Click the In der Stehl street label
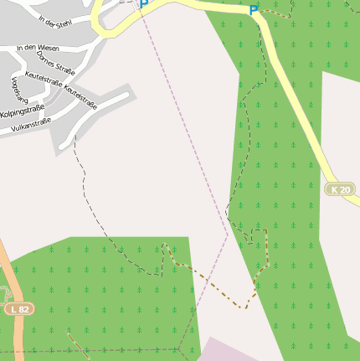(x=52, y=21)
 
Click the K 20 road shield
(x=340, y=190)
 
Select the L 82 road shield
(x=20, y=309)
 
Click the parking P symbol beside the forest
(x=254, y=10)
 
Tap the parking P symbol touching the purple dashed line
(x=143, y=4)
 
